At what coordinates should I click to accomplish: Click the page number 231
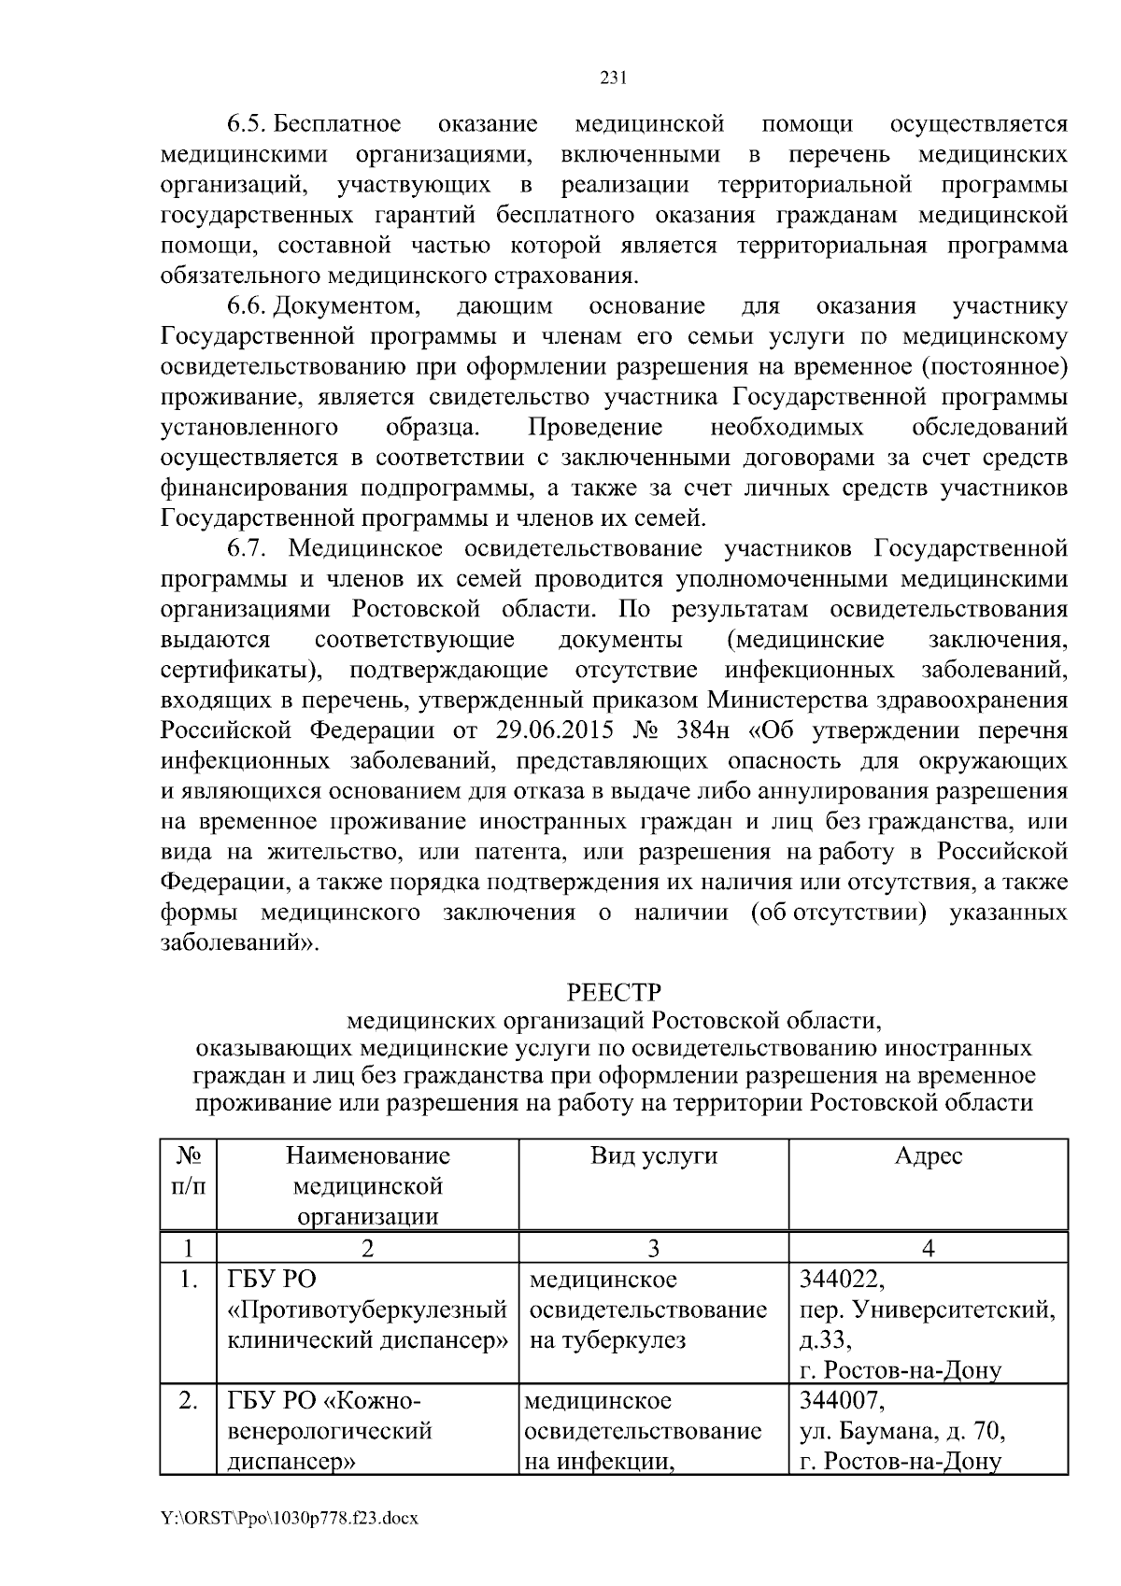[x=611, y=78]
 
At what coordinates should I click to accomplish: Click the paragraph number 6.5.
[x=248, y=124]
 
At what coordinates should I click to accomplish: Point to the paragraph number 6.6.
[x=248, y=306]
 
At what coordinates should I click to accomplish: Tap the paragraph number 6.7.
[x=248, y=548]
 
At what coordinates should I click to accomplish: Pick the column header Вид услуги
[x=654, y=1156]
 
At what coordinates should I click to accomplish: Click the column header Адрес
[x=928, y=1156]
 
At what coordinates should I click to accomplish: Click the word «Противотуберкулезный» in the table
[x=367, y=1310]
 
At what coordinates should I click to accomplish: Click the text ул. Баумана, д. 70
[x=901, y=1431]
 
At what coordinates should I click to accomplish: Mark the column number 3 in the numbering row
[x=653, y=1248]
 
